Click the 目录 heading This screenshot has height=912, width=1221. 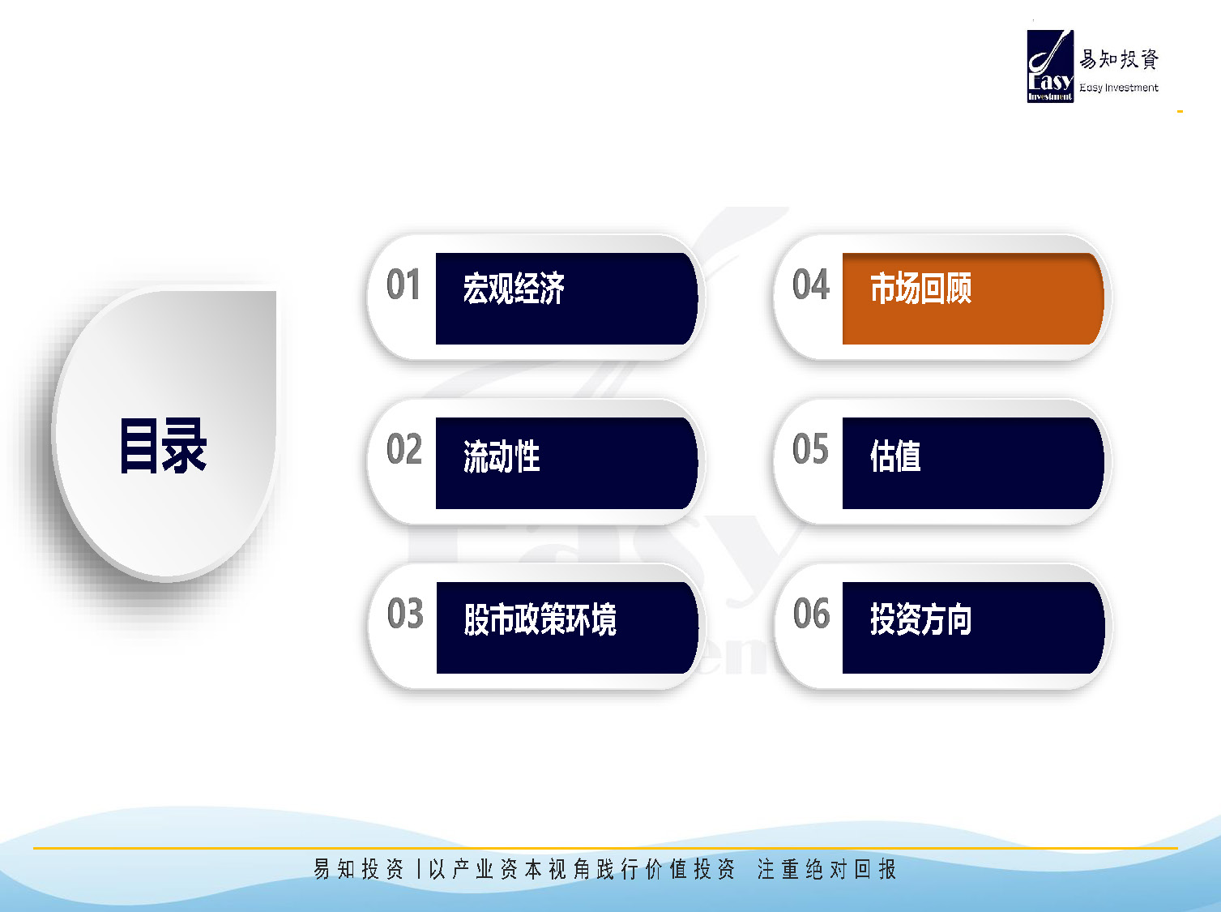click(x=164, y=446)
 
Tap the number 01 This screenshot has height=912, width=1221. click(x=403, y=285)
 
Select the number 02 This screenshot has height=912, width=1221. click(x=403, y=448)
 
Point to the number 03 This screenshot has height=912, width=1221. click(x=405, y=613)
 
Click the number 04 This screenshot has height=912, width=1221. click(x=811, y=285)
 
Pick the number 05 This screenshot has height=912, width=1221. click(x=810, y=448)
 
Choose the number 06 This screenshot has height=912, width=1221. click(x=812, y=613)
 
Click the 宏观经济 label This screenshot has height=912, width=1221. click(x=514, y=289)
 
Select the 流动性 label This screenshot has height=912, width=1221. click(x=502, y=456)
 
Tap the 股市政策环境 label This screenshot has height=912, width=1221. click(x=540, y=619)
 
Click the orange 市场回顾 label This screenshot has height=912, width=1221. click(x=921, y=289)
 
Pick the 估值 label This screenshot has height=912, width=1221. click(x=895, y=456)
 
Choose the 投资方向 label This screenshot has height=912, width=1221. click(x=921, y=619)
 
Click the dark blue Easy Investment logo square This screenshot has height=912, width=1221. click(x=1050, y=66)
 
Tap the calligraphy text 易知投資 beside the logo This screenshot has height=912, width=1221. click(x=1119, y=59)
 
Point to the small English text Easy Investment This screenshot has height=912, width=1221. click(x=1119, y=88)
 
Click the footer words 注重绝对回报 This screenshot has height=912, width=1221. click(x=826, y=869)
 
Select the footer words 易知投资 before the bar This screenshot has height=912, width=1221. click(x=359, y=869)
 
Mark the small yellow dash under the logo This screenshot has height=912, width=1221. click(x=1180, y=112)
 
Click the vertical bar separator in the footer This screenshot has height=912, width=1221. click(x=419, y=869)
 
